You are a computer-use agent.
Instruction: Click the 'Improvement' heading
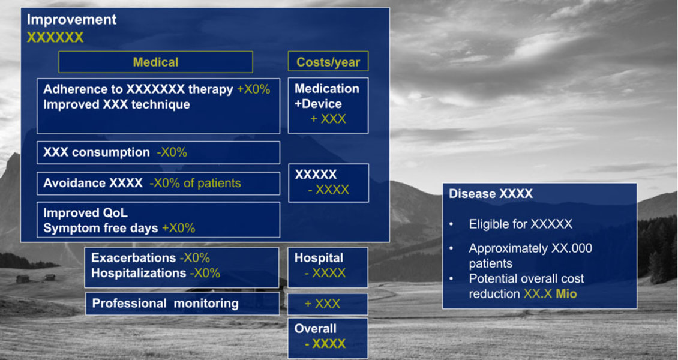pyautogui.click(x=71, y=19)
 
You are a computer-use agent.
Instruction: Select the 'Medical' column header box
pyautogui.click(x=155, y=62)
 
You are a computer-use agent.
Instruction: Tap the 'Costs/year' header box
pyautogui.click(x=328, y=62)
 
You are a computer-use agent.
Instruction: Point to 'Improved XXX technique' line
pyautogui.click(x=117, y=104)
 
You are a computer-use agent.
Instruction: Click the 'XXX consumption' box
pyautogui.click(x=158, y=152)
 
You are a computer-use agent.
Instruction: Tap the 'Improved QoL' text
pyautogui.click(x=85, y=212)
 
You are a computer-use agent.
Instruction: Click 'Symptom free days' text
pyautogui.click(x=101, y=228)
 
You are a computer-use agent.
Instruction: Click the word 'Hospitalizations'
pyautogui.click(x=139, y=273)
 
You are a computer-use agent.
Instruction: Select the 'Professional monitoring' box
pyautogui.click(x=182, y=304)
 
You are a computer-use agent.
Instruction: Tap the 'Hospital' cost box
pyautogui.click(x=328, y=267)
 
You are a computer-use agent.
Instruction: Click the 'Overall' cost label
pyautogui.click(x=315, y=328)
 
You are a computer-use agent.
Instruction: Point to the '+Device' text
pyautogui.click(x=318, y=104)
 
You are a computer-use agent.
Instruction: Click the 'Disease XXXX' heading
pyautogui.click(x=491, y=194)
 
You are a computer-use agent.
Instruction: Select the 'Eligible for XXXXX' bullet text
pyautogui.click(x=521, y=224)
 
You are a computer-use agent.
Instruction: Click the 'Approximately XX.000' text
pyautogui.click(x=530, y=248)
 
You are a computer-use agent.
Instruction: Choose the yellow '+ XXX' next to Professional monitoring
pyautogui.click(x=322, y=304)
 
